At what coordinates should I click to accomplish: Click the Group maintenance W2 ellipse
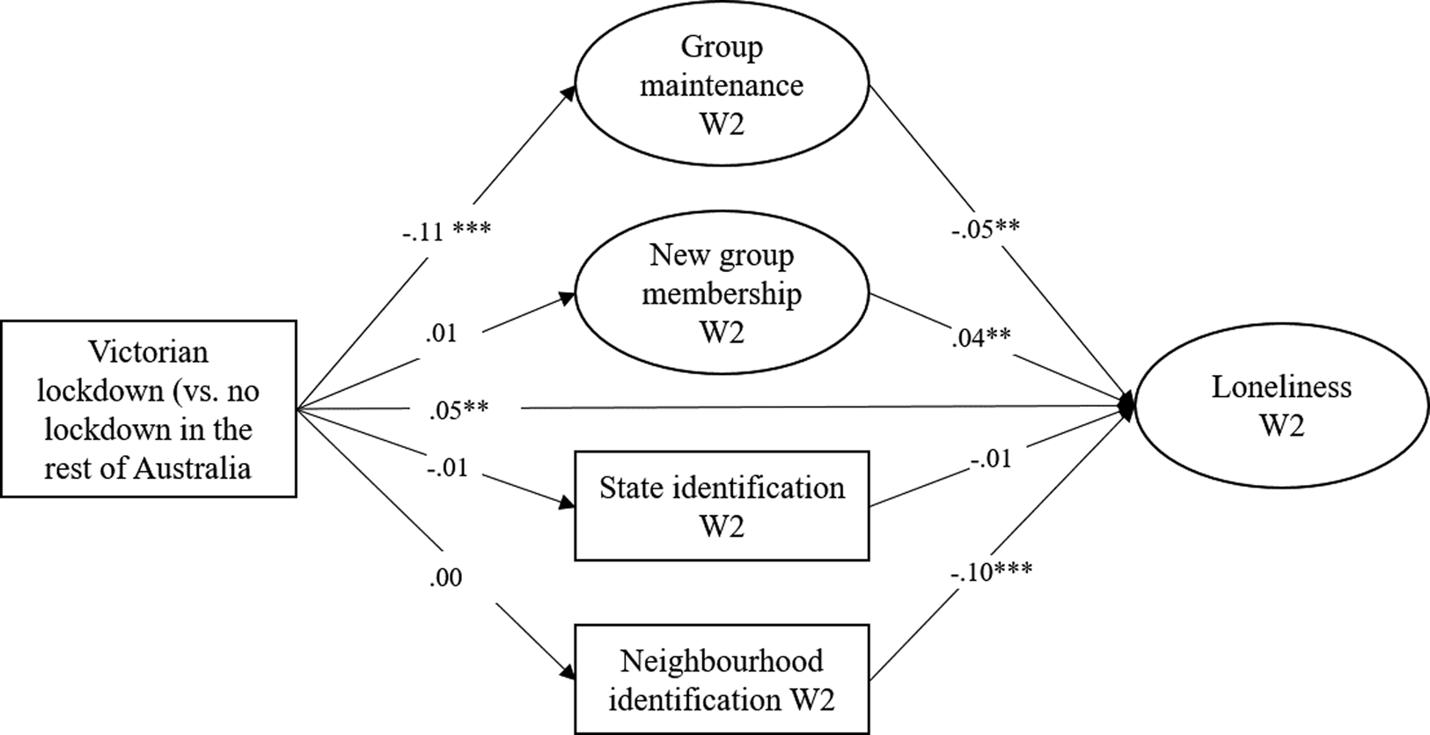coord(722,85)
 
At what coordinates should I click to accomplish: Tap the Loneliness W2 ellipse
coord(1281,407)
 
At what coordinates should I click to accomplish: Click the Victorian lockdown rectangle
coord(148,409)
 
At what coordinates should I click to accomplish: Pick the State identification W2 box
coord(722,506)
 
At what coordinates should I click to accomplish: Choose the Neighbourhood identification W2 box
coord(722,680)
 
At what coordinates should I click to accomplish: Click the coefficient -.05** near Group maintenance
coord(985,229)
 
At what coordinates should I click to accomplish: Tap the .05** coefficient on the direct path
coord(458,408)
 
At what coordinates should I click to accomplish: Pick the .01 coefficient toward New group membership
coord(441,334)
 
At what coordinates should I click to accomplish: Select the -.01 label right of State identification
coord(991,459)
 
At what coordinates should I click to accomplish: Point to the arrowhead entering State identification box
coord(568,504)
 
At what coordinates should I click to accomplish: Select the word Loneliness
coord(1281,387)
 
